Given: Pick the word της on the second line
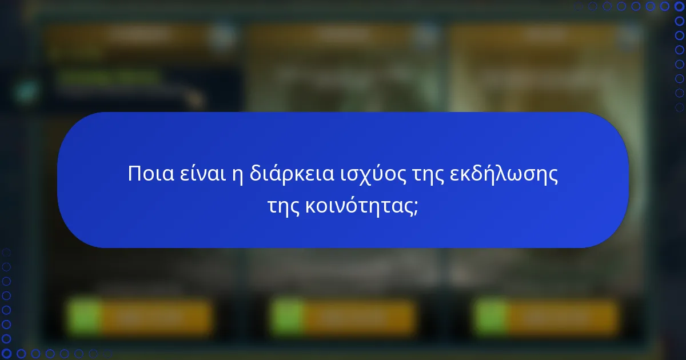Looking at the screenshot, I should [284, 206].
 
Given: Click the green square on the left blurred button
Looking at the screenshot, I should [84, 316].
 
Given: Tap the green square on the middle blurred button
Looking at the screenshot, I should [288, 316].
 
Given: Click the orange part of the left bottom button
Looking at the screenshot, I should [154, 316].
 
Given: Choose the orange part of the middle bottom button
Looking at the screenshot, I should [357, 316].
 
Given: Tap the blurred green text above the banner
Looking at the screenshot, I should [109, 76].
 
